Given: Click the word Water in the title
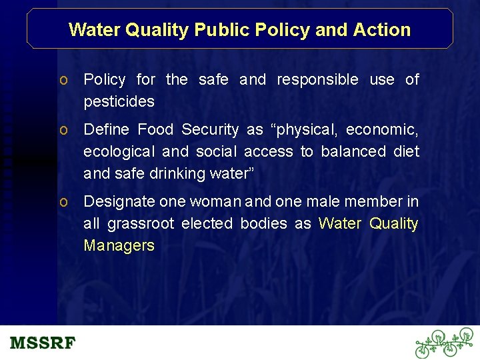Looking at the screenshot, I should [94, 30].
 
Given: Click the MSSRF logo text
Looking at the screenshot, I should [43, 344].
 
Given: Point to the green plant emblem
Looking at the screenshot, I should [444, 343].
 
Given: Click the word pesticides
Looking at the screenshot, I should [119, 102].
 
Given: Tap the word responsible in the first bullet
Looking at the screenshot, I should [317, 80].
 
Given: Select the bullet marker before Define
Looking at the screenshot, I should [62, 130].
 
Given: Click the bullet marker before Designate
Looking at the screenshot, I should [62, 202].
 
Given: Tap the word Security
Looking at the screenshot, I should [210, 129].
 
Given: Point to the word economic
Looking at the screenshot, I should [382, 129].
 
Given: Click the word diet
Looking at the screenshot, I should [406, 151].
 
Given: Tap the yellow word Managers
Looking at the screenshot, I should [119, 246].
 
